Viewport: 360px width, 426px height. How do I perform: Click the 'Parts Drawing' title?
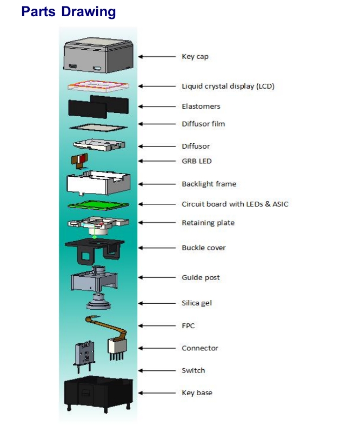click(69, 12)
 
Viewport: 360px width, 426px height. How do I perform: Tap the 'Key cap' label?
click(195, 57)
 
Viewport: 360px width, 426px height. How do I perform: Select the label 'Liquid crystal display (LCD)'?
click(228, 86)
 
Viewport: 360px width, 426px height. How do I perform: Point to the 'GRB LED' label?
click(197, 161)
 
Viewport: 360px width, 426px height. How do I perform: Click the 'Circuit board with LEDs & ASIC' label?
click(235, 204)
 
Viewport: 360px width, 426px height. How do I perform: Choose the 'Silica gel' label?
click(197, 303)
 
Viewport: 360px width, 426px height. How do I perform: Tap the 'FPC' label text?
click(188, 326)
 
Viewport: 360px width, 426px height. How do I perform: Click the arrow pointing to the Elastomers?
click(157, 106)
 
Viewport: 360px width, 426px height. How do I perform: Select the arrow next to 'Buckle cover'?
click(157, 248)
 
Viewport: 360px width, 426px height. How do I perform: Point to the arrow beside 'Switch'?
click(157, 370)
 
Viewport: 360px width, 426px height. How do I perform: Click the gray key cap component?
click(98, 56)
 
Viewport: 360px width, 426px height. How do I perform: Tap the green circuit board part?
click(98, 205)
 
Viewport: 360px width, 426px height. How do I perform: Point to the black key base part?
click(98, 394)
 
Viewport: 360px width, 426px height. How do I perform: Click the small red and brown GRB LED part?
click(80, 161)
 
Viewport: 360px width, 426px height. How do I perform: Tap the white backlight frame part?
click(98, 183)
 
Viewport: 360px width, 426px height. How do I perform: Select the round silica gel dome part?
click(98, 302)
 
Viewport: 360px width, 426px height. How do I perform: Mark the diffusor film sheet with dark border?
click(98, 127)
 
